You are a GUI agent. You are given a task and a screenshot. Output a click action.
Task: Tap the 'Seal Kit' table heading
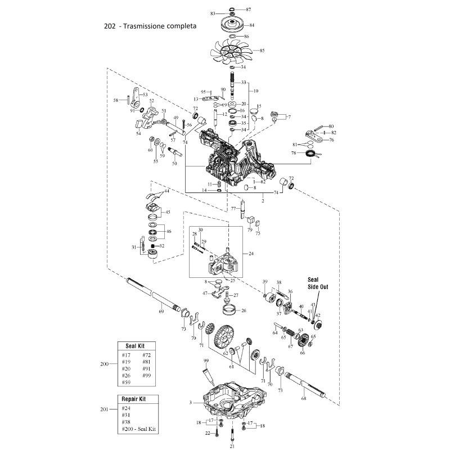[x=135, y=345]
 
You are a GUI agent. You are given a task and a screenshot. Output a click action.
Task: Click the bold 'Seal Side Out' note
[x=317, y=282]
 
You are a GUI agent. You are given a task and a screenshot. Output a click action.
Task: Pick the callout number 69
[x=161, y=311]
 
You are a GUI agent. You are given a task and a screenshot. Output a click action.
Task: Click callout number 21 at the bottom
[x=231, y=445]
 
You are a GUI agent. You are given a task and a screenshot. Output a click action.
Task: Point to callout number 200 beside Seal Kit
[x=104, y=364]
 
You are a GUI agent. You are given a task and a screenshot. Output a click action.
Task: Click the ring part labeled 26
[x=229, y=308]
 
